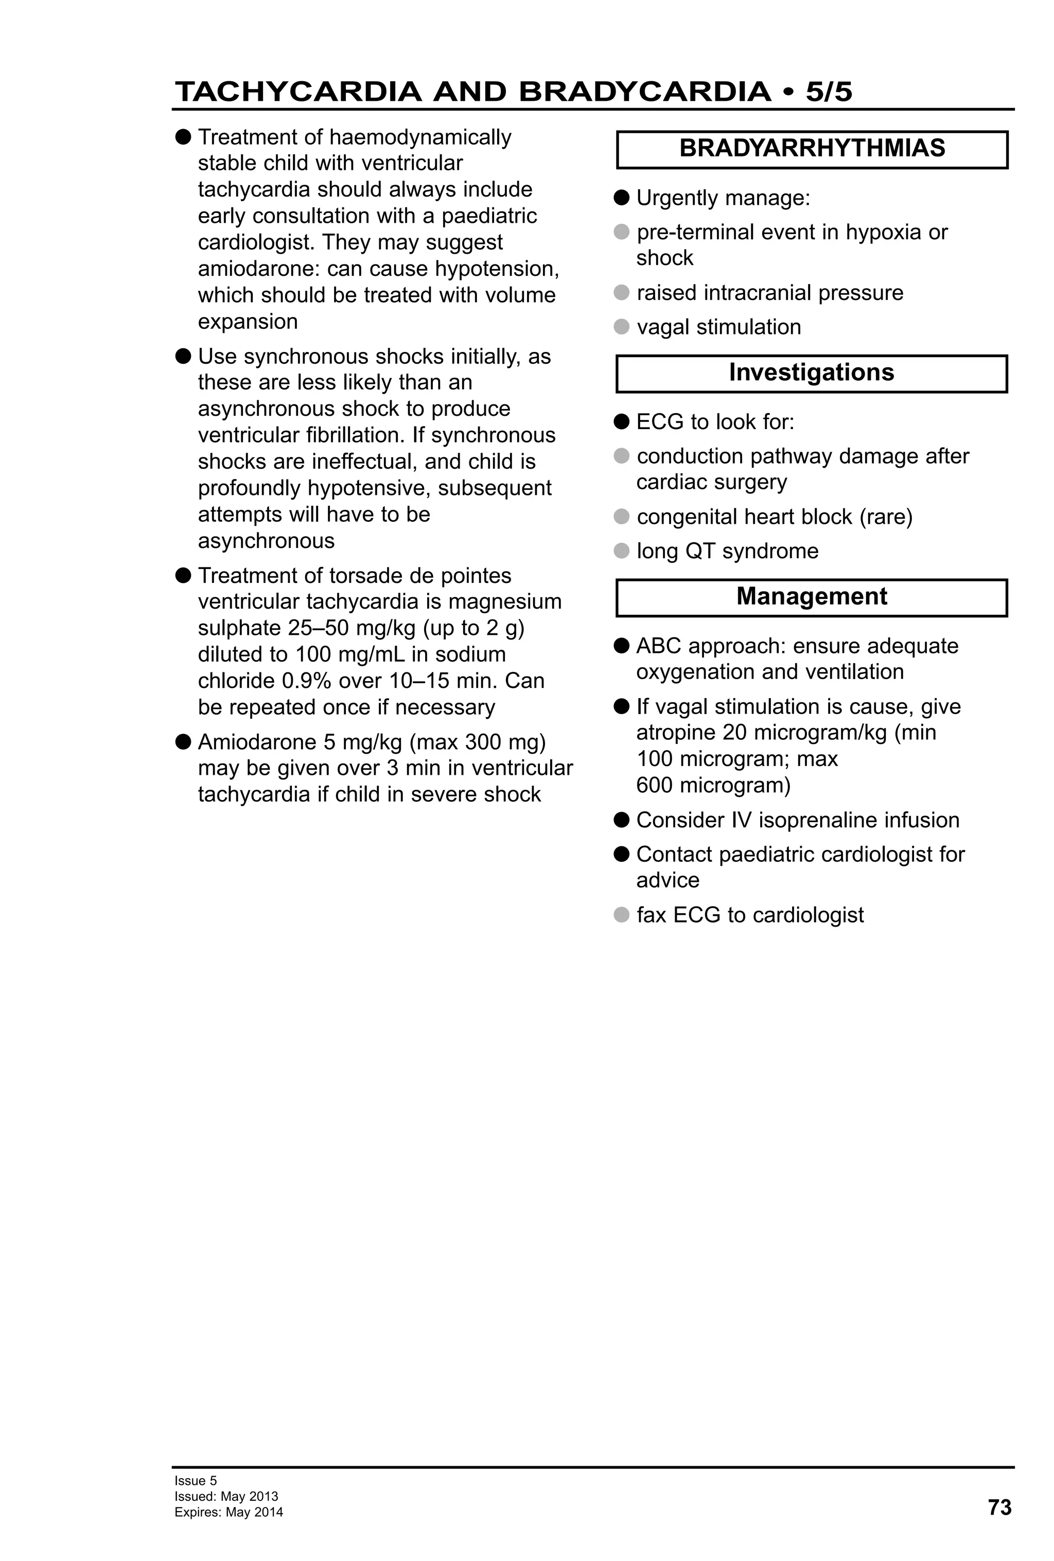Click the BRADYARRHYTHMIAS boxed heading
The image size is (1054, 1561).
click(812, 149)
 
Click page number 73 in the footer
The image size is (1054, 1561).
click(999, 1507)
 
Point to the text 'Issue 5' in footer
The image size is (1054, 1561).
click(196, 1480)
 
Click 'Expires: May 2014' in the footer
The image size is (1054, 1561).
click(229, 1512)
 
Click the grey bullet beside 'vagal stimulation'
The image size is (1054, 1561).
click(621, 327)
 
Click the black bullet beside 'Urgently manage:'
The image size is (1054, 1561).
click(621, 198)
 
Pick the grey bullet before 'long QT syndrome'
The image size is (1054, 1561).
click(621, 552)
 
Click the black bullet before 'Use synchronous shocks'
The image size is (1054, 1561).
click(183, 356)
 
